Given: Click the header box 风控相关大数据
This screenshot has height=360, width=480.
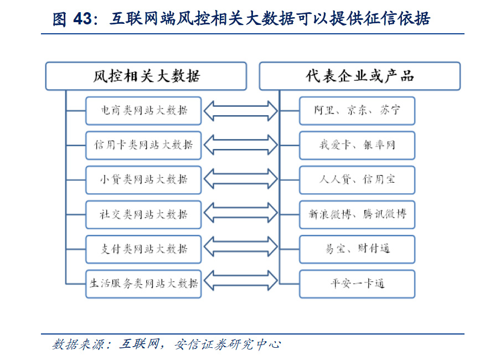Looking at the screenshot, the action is coord(146,76).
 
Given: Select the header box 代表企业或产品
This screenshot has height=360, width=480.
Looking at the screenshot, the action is coord(360,76).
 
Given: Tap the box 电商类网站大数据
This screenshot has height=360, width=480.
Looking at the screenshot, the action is coord(143,111).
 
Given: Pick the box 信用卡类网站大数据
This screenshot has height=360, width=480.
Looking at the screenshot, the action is coord(143,146).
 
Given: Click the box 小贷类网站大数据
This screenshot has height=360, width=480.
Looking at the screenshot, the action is coord(143,180).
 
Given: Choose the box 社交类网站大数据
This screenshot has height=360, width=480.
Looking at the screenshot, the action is coord(143,214).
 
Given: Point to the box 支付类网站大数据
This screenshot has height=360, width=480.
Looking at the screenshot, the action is coord(143,249).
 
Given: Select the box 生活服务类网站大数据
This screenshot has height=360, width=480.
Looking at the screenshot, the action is coord(143,284).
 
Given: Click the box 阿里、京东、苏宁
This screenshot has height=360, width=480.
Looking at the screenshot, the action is coord(357,111).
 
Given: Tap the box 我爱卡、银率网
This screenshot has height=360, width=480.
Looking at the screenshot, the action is coord(357,146).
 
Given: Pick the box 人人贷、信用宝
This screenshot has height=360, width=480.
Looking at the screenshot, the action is coord(357,180).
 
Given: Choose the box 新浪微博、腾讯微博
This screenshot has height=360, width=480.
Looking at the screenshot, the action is coord(357,214).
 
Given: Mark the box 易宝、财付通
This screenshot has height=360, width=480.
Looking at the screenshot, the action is coord(357,249).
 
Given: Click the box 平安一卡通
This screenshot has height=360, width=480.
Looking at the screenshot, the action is coord(357,284).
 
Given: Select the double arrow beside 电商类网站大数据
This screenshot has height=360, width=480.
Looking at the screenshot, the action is coord(241,111).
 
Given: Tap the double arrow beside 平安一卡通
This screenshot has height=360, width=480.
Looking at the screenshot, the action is coord(241,280).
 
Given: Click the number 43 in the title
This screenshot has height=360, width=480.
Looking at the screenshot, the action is coord(82,19).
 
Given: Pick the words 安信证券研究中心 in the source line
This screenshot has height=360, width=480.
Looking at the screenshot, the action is coord(228,344).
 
